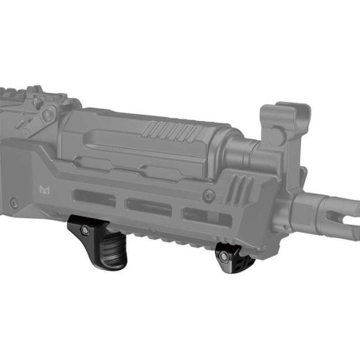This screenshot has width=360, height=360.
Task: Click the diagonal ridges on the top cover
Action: pyautogui.click(x=167, y=128)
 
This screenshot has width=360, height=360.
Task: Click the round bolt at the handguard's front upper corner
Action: pyautogui.click(x=209, y=195)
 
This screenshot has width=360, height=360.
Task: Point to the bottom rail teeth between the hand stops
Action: pyautogui.click(x=159, y=238)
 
